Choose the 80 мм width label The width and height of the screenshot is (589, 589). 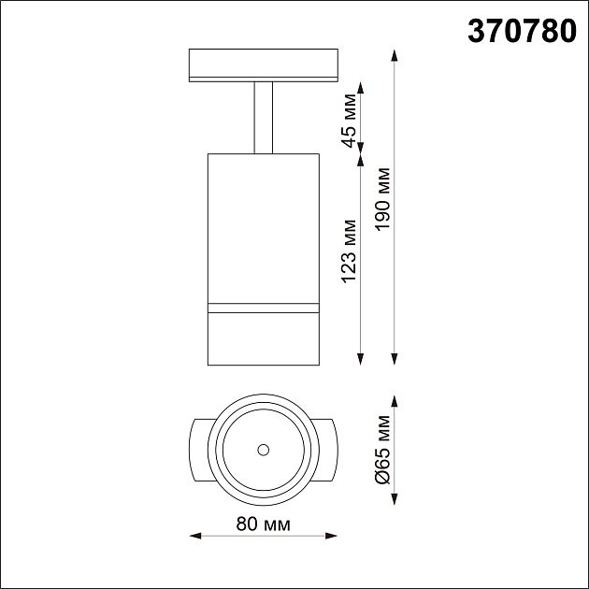pyautogui.click(x=263, y=523)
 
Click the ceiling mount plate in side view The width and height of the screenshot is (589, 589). pyautogui.click(x=263, y=65)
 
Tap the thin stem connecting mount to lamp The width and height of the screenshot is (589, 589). pyautogui.click(x=263, y=117)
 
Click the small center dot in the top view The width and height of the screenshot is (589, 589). pyautogui.click(x=263, y=450)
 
